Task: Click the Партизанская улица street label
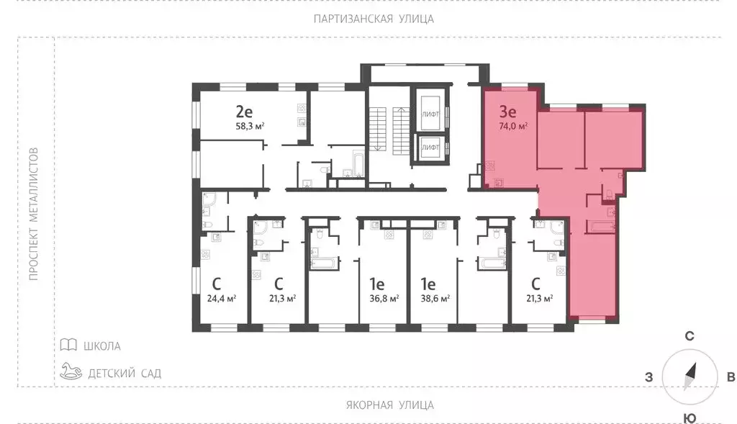374,19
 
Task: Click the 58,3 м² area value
250,126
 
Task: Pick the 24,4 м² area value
222,298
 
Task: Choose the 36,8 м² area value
384,298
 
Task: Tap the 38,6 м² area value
435,298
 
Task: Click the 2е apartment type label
244,112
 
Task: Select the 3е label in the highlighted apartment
507,112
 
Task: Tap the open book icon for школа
68,346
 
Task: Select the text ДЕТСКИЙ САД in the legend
125,373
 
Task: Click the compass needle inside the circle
690,376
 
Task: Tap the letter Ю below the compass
689,418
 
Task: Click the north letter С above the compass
689,336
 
